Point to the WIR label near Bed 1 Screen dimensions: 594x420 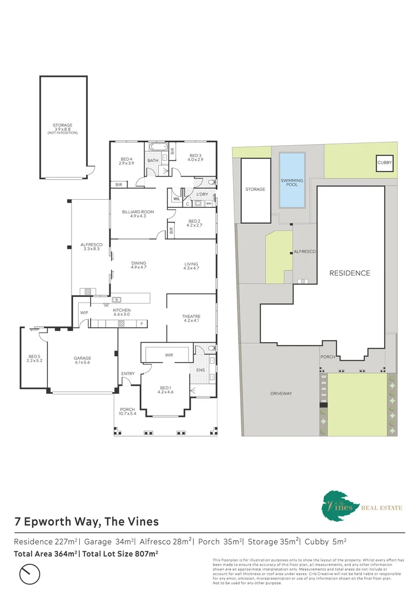point(169,355)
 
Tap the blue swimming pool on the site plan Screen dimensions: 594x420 point(292,180)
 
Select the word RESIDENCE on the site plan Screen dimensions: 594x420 point(350,273)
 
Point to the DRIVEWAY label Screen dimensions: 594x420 point(281,393)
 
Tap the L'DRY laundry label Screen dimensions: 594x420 point(202,195)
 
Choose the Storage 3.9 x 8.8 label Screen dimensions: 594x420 point(63,128)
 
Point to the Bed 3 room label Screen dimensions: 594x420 point(196,157)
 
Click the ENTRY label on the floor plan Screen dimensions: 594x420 point(128,374)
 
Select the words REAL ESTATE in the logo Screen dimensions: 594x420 point(382,508)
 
